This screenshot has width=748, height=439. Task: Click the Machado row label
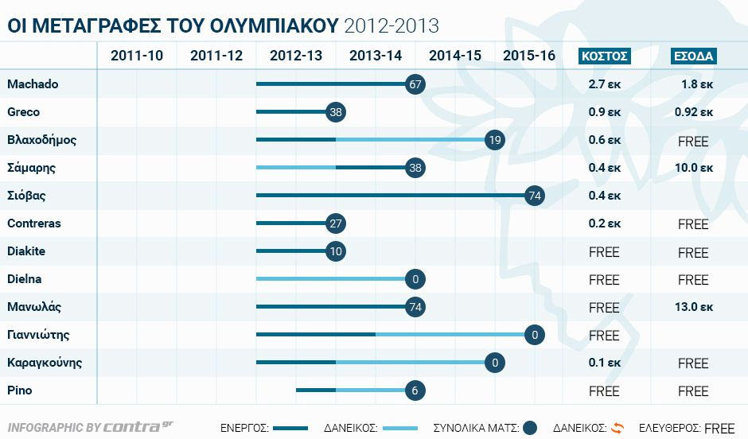click(x=33, y=84)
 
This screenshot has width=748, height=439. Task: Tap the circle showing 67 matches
click(x=415, y=84)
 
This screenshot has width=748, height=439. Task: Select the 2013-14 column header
click(x=376, y=56)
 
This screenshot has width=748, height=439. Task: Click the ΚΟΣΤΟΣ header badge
click(x=605, y=56)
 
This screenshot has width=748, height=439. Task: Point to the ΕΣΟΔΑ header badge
click(x=693, y=56)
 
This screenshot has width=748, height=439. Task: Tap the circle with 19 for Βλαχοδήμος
click(x=495, y=140)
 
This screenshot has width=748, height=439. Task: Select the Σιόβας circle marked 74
click(x=535, y=196)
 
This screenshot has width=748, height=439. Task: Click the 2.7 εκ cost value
click(x=605, y=84)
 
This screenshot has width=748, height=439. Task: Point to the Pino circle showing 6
click(x=415, y=390)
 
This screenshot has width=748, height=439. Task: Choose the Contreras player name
click(x=34, y=223)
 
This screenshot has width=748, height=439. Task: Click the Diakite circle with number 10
click(x=336, y=251)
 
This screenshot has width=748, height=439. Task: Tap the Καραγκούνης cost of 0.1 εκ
click(x=605, y=363)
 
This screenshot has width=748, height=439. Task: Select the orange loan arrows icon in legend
click(x=617, y=427)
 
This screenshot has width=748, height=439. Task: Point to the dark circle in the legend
click(x=530, y=428)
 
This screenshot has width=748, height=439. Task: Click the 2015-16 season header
click(x=529, y=56)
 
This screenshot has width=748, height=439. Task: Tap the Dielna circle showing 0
click(x=415, y=279)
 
